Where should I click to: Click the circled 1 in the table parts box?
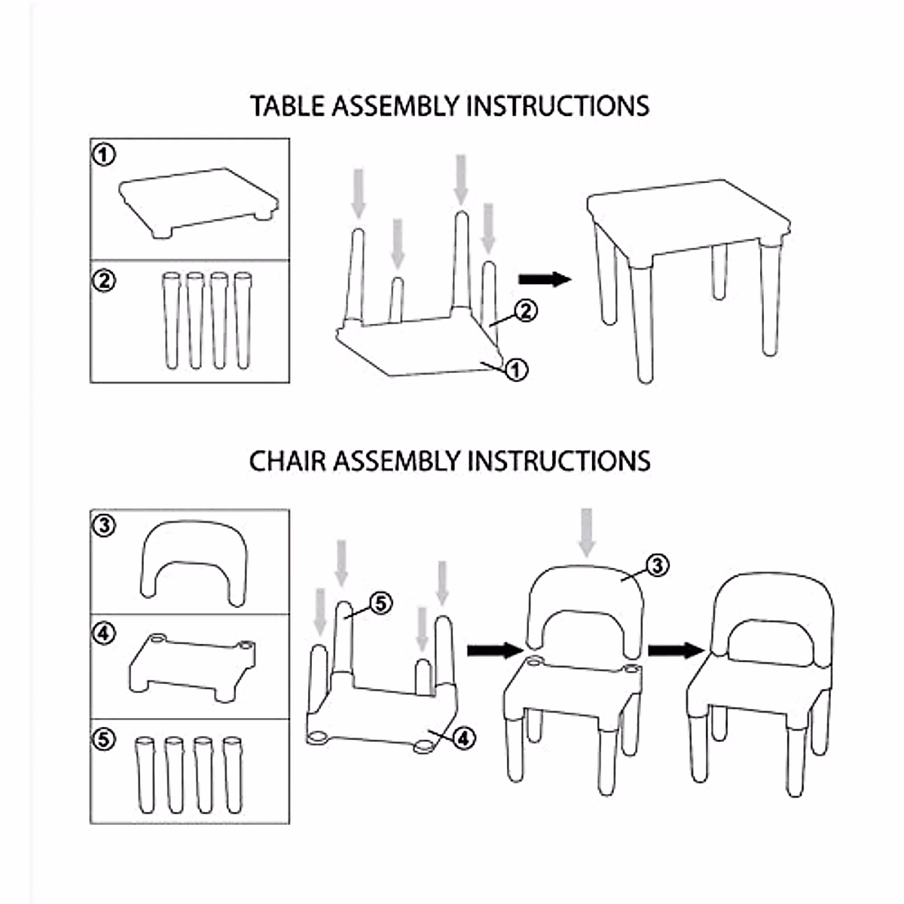pos(104,154)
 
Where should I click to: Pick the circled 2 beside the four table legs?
pos(104,280)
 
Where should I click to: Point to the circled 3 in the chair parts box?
pos(104,525)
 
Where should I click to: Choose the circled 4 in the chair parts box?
pos(104,634)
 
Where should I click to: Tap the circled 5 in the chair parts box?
pos(104,739)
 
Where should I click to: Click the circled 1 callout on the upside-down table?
pos(516,369)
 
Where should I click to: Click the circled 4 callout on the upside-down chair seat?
pos(463,738)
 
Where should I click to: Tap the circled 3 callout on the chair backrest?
pos(657,564)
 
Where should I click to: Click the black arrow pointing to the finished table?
pos(545,279)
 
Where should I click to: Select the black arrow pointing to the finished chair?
pos(675,649)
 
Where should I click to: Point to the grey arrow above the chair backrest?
pos(587,532)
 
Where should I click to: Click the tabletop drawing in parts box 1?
pos(198,200)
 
